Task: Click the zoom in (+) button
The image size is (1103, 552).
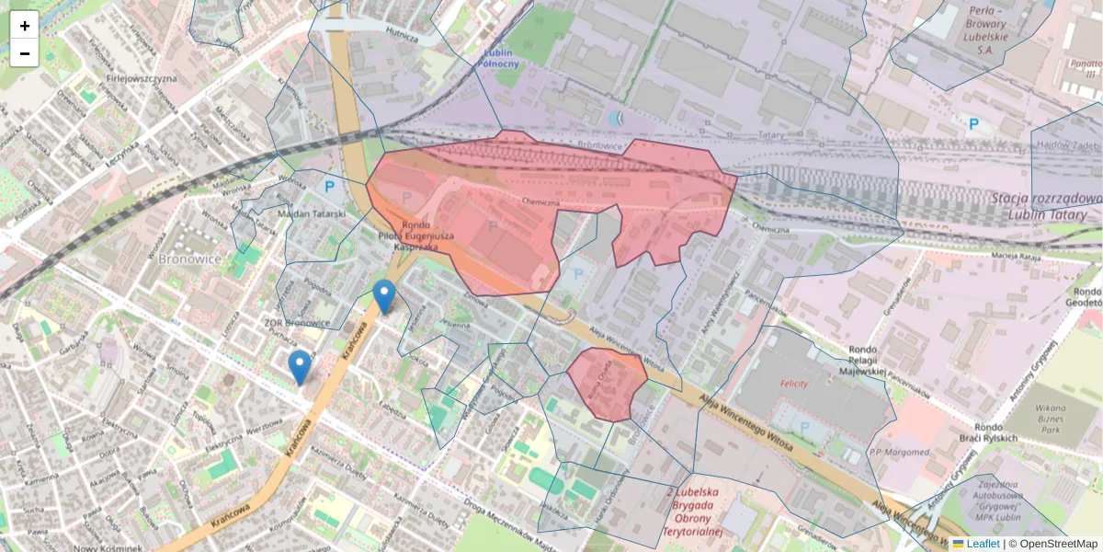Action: pos(25,25)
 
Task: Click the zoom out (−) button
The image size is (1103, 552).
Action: pos(25,53)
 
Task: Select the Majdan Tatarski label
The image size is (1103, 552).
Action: pos(311,213)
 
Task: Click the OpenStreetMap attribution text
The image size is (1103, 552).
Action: pos(1052,544)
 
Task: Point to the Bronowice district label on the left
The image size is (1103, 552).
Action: pos(190,259)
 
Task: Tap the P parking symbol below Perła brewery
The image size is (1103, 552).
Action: pos(972,123)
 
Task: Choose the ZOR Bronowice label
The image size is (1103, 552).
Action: pos(296,323)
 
